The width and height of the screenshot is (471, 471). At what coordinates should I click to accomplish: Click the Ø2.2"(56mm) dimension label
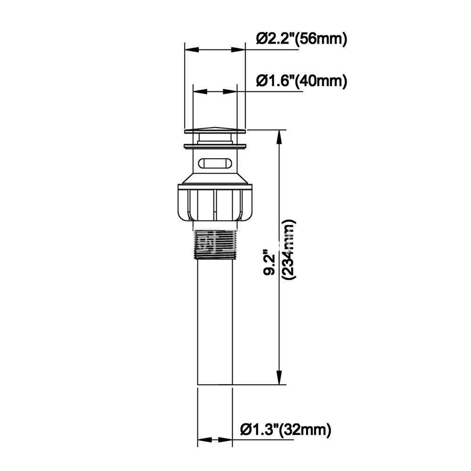[x=301, y=39]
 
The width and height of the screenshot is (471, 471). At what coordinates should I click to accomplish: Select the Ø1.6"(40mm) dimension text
[x=301, y=81]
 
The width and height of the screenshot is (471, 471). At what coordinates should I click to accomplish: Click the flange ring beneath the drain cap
[x=215, y=145]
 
